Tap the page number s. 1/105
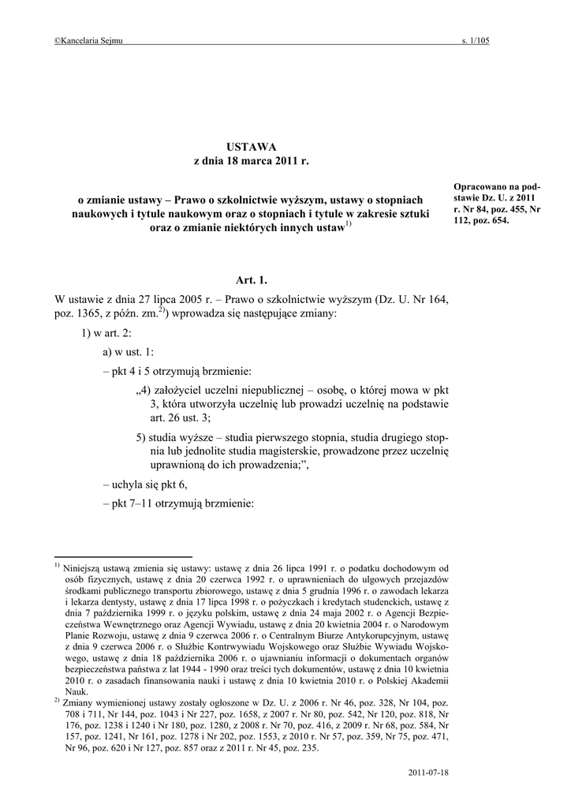point(475,40)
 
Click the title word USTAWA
point(252,147)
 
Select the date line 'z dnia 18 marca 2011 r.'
point(252,161)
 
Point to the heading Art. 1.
point(252,280)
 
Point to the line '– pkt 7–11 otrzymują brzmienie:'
point(178,504)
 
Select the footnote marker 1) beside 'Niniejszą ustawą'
point(58,566)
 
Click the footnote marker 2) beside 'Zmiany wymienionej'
point(58,699)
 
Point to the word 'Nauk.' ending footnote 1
point(76,690)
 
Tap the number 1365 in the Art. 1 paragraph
point(89,313)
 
